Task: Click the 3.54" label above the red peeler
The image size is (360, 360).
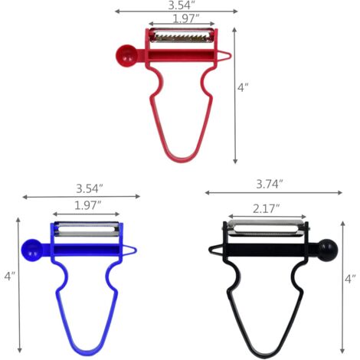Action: [x=181, y=5]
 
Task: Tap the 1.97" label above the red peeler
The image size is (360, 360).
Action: [x=186, y=18]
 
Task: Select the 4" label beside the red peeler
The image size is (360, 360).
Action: [x=243, y=87]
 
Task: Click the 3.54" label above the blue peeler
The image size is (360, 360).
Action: [x=90, y=188]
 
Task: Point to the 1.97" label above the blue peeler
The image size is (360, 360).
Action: [x=88, y=205]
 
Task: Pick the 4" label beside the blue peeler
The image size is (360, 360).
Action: [x=10, y=277]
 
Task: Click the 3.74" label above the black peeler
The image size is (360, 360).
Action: [x=270, y=184]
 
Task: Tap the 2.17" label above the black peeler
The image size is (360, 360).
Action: [x=267, y=209]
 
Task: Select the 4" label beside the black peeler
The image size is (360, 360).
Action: [x=350, y=279]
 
